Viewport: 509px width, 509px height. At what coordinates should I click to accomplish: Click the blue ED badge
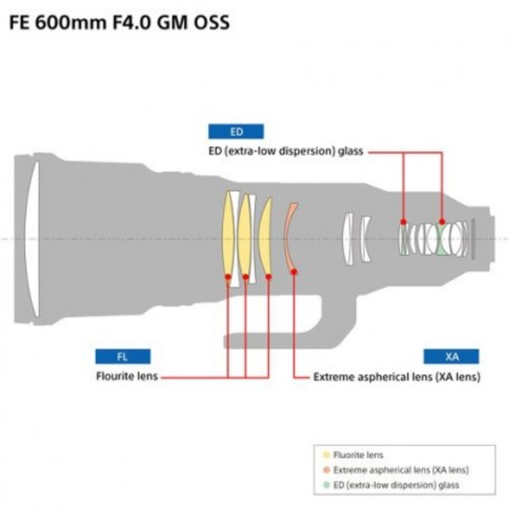click(x=236, y=132)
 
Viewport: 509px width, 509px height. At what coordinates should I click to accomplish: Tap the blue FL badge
click(x=123, y=356)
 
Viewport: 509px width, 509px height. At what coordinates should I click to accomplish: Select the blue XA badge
click(x=451, y=356)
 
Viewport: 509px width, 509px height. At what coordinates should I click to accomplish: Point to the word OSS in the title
click(x=209, y=23)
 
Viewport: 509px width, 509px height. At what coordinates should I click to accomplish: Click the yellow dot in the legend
click(x=326, y=455)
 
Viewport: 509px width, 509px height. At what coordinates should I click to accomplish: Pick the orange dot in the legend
click(x=326, y=470)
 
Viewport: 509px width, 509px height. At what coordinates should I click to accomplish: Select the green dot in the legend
click(x=326, y=485)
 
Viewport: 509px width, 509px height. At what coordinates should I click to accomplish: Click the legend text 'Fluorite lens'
click(x=358, y=455)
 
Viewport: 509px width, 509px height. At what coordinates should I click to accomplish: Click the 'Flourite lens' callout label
click(x=127, y=377)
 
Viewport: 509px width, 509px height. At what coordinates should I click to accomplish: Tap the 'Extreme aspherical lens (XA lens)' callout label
click(x=397, y=377)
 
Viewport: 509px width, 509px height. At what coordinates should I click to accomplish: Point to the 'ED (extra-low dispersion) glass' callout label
click(x=286, y=151)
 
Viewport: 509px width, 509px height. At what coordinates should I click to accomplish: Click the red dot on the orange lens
click(x=294, y=272)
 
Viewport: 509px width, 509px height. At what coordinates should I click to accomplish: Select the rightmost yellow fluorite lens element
click(x=265, y=237)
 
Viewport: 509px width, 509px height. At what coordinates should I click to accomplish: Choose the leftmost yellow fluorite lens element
click(x=229, y=237)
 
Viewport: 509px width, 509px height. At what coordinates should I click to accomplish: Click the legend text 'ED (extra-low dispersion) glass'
click(x=396, y=485)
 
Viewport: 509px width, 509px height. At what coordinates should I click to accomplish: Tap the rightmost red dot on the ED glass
click(x=442, y=221)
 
